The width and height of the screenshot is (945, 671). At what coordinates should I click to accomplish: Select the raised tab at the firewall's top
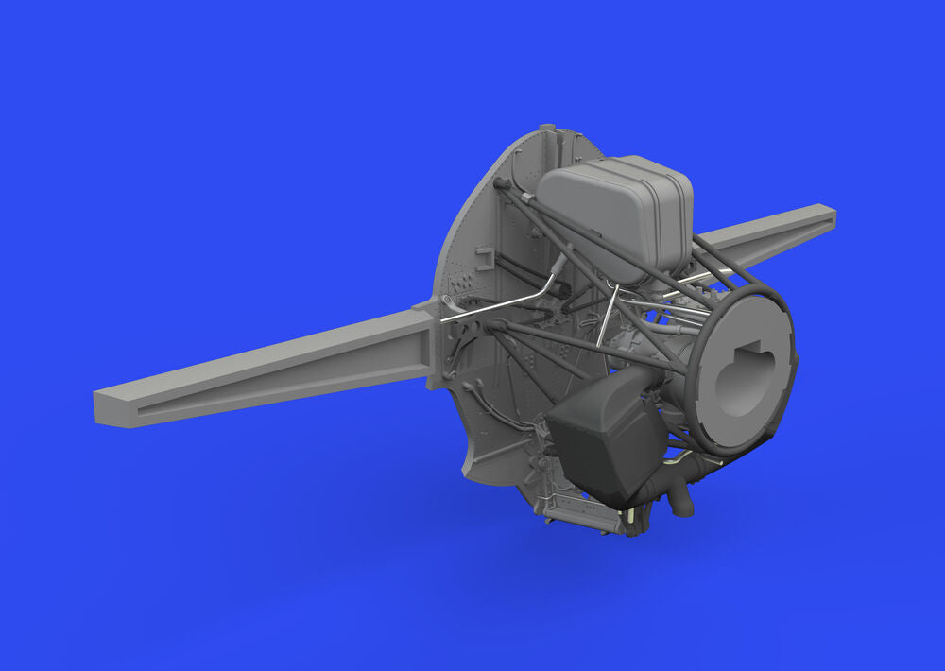click(547, 129)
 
